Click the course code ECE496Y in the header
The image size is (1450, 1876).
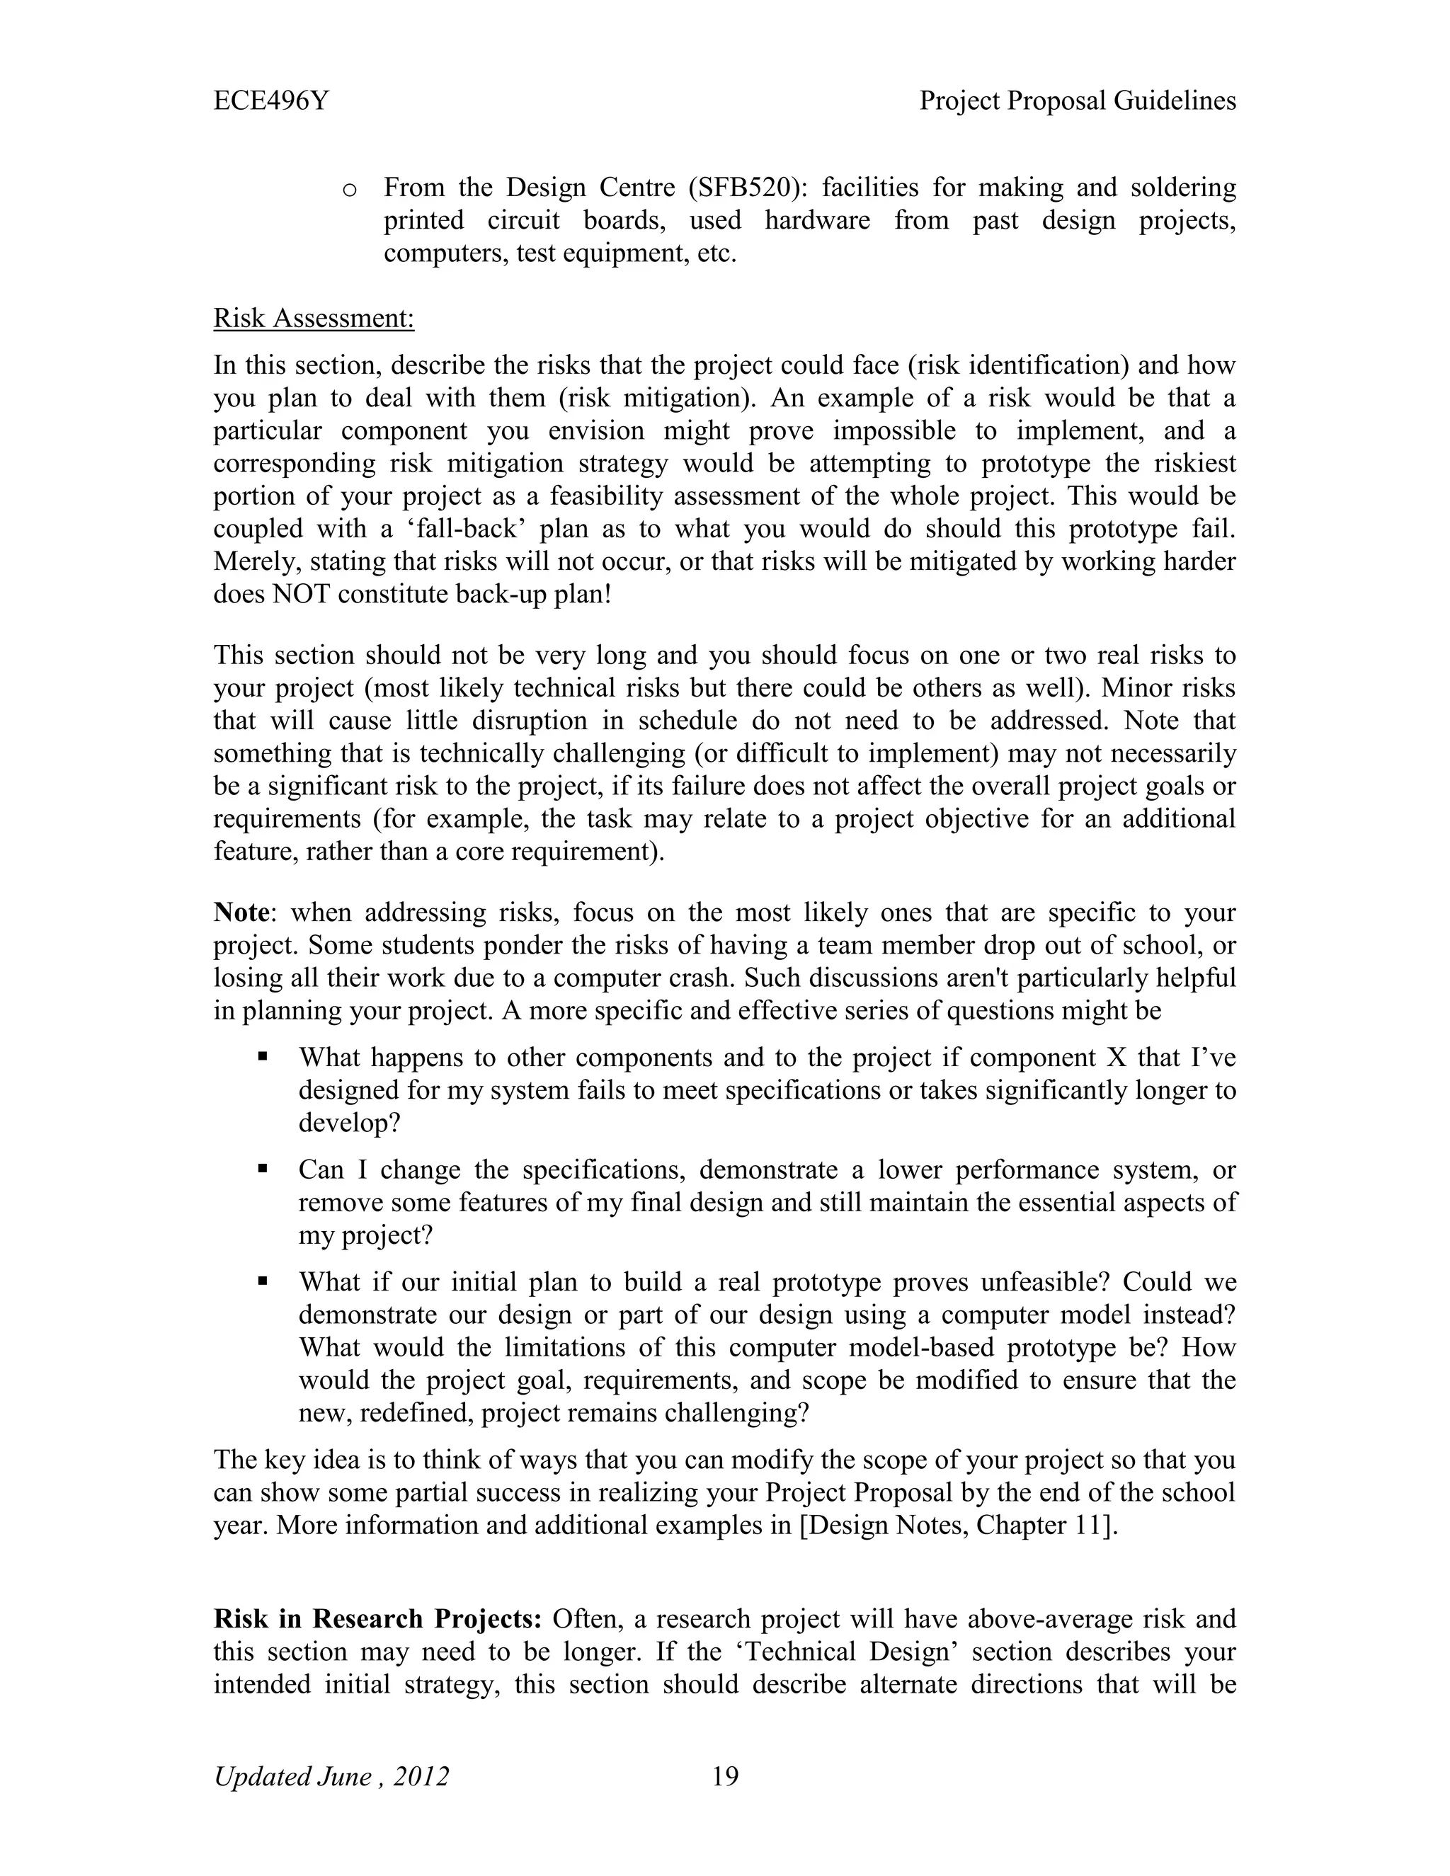[270, 101]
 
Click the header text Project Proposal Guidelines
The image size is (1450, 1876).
[1077, 101]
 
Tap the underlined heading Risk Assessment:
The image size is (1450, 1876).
[314, 319]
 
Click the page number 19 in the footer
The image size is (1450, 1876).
[725, 1775]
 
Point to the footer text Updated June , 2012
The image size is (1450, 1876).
[331, 1776]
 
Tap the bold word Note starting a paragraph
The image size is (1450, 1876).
[241, 913]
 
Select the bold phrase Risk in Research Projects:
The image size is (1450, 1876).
[377, 1619]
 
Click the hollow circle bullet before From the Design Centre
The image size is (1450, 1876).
[349, 190]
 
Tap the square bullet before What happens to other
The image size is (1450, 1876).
[263, 1056]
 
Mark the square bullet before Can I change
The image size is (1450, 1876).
[263, 1168]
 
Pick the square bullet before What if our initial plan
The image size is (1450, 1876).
[263, 1281]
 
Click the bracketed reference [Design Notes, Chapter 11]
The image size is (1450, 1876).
[959, 1526]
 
